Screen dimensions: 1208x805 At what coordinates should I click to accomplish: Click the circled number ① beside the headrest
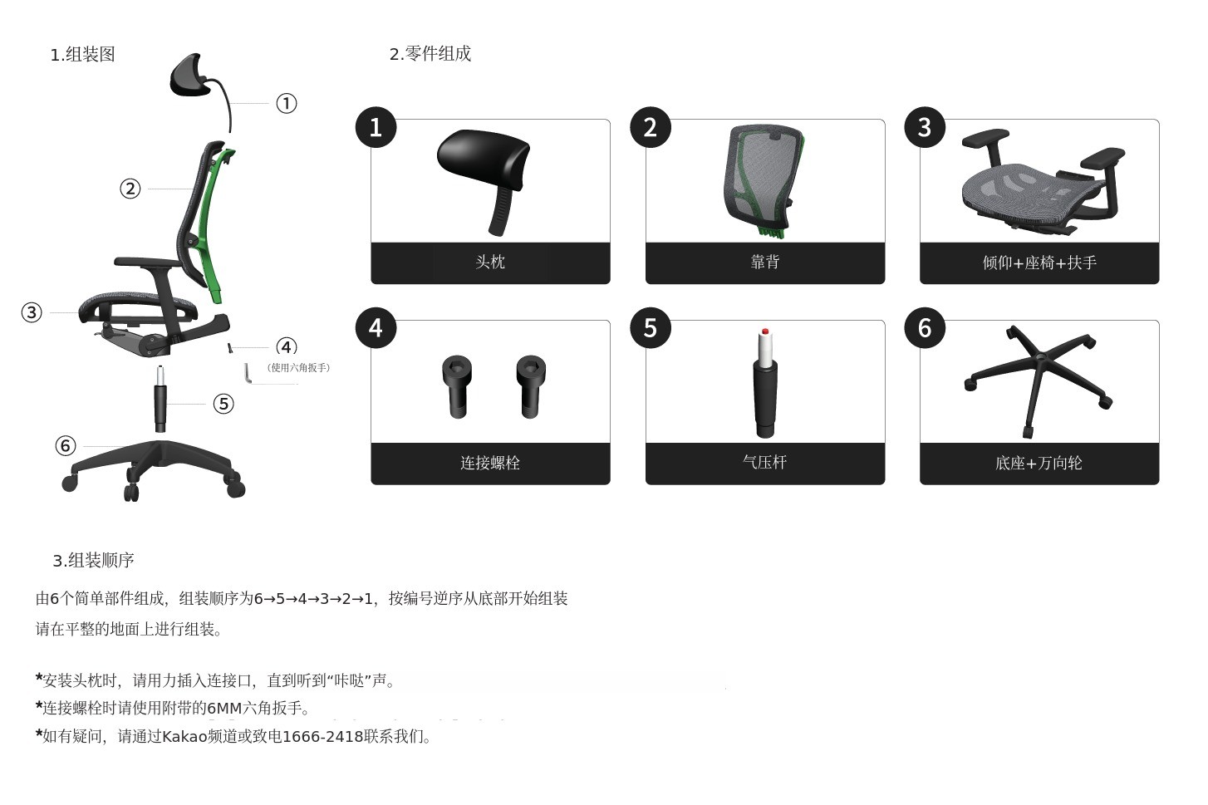(287, 103)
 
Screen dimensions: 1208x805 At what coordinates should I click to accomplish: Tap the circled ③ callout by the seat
(32, 312)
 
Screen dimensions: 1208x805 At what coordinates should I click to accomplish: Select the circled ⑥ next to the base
(66, 446)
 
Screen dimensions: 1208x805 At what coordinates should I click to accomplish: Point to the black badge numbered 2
(651, 127)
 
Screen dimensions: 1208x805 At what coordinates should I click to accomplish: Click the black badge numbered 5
(651, 328)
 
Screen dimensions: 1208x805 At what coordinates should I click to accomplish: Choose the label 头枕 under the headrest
(490, 262)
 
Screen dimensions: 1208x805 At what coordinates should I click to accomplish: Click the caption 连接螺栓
(490, 463)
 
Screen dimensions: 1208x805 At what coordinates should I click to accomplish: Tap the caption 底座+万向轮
(1039, 464)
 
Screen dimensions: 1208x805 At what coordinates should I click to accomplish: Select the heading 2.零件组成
(430, 54)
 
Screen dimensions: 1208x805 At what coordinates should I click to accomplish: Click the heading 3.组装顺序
(93, 560)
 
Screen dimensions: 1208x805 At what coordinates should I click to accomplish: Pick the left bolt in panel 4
(457, 386)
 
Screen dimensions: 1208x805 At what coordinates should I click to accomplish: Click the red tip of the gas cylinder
(765, 331)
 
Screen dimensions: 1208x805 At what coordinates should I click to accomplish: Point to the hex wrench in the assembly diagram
(248, 372)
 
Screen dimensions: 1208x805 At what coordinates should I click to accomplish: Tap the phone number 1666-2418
(323, 737)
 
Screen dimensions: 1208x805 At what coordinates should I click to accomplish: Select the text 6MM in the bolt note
(225, 709)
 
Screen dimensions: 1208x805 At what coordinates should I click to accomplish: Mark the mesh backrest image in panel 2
(764, 180)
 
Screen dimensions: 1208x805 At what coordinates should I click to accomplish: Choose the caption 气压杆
(764, 462)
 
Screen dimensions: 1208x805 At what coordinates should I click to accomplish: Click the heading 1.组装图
(82, 55)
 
